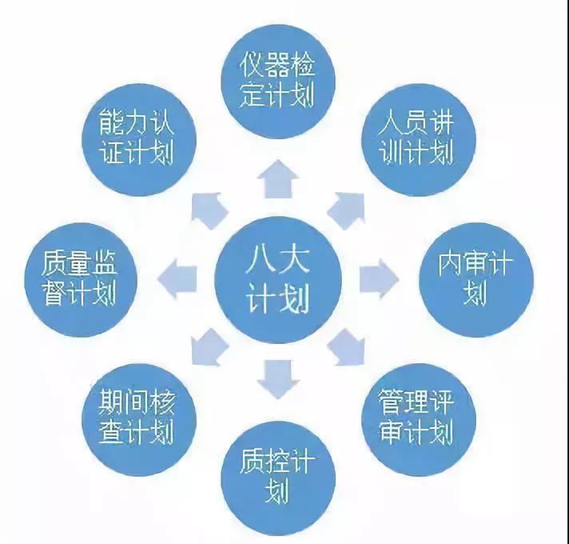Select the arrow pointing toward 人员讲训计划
click(x=347, y=210)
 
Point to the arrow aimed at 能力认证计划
click(x=209, y=210)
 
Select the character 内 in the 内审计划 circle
click(x=453, y=265)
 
